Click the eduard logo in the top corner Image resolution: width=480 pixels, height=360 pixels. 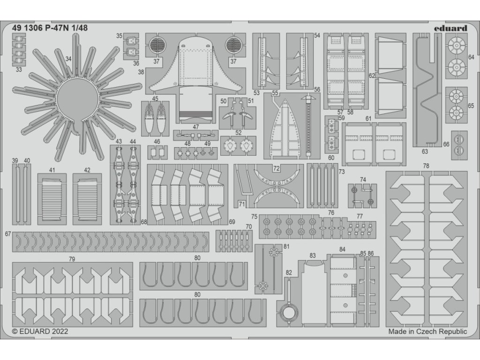450,28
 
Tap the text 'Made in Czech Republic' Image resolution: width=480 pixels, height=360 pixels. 427,331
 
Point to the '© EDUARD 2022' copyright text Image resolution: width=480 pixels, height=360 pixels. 40,331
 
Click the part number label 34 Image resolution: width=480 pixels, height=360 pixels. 68,60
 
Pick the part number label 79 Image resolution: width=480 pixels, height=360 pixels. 72,259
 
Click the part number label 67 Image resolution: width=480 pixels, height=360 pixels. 8,233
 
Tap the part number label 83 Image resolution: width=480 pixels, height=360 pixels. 312,255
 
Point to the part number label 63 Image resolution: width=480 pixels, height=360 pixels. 425,151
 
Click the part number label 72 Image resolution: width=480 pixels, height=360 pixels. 277,167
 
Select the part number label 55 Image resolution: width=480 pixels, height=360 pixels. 275,93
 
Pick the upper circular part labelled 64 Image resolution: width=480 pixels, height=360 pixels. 454,46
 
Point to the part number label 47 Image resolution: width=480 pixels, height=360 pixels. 195,127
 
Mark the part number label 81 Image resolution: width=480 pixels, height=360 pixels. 286,247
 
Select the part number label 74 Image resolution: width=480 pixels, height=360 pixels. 363,180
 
